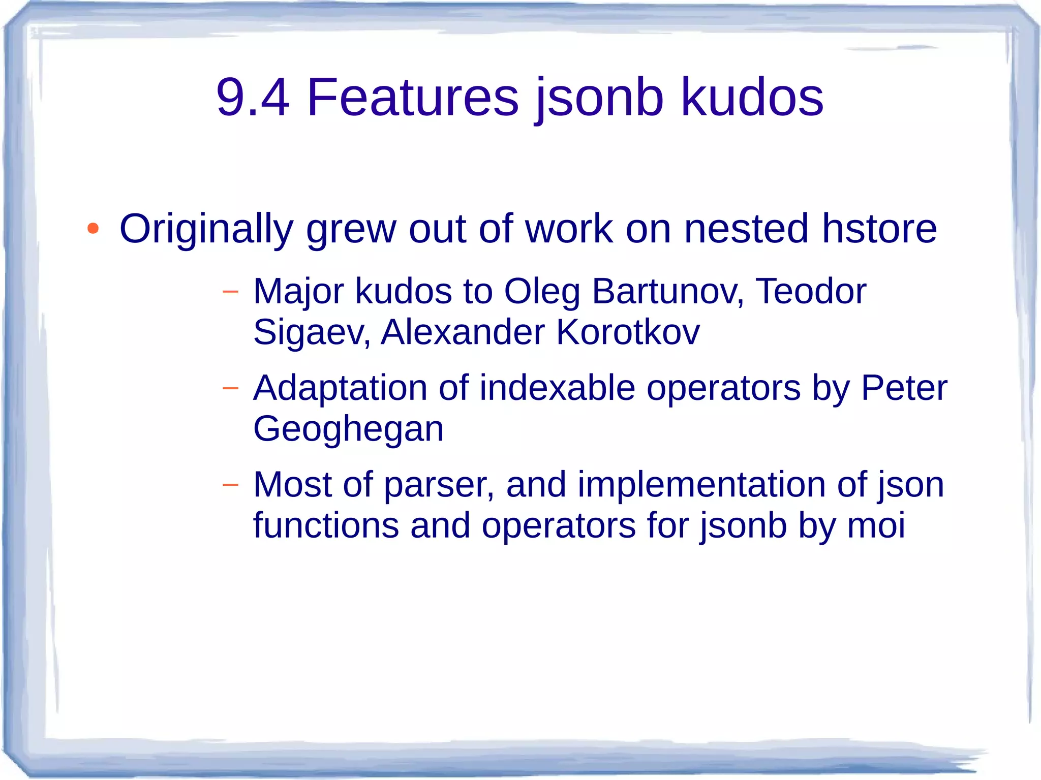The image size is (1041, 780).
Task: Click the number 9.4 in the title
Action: [x=253, y=97]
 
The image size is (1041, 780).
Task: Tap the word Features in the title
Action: [x=413, y=97]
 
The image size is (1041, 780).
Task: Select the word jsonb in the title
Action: [x=600, y=97]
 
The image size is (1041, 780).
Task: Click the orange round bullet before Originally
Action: [x=93, y=229]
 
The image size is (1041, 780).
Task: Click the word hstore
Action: [x=879, y=229]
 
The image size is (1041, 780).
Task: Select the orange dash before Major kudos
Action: [x=230, y=292]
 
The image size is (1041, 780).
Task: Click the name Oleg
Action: [x=542, y=292]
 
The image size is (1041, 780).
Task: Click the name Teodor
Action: [x=811, y=292]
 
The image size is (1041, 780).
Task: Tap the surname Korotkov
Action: [x=628, y=333]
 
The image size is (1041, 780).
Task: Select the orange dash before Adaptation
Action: [x=230, y=388]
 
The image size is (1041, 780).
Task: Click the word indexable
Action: [x=557, y=388]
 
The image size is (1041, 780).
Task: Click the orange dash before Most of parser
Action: [x=230, y=485]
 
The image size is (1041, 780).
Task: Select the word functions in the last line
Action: [x=326, y=525]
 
